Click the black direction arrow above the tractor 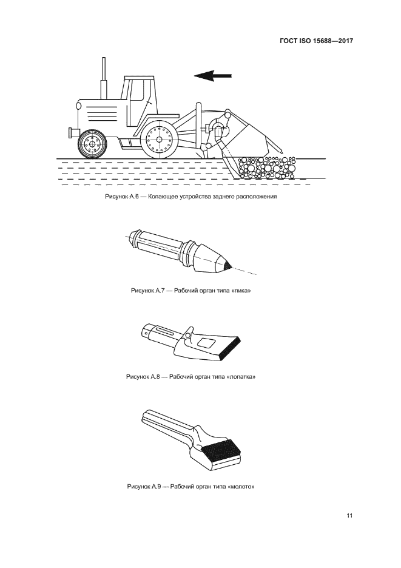click(213, 75)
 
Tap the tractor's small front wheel click(92, 144)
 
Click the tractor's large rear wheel click(159, 139)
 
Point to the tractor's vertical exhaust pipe click(104, 78)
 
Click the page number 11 click(349, 515)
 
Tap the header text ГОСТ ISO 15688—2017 click(316, 41)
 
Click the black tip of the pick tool click(227, 266)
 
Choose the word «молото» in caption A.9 click(241, 486)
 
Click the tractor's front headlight click(78, 106)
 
